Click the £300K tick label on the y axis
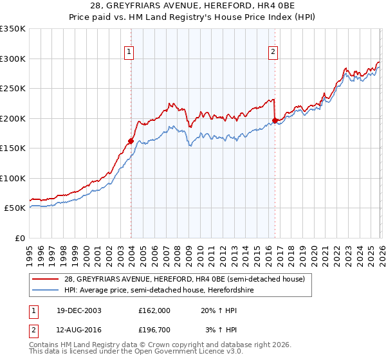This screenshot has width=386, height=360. tap(13, 59)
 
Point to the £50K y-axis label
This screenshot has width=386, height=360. tap(15, 208)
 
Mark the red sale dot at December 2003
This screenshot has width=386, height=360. tap(131, 141)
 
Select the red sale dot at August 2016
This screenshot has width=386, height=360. tap(275, 120)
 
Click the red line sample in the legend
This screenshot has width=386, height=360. tap(46, 278)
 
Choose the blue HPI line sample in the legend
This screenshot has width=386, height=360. tap(46, 289)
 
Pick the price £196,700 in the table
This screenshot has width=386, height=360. tap(154, 330)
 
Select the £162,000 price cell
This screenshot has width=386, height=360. tap(154, 310)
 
